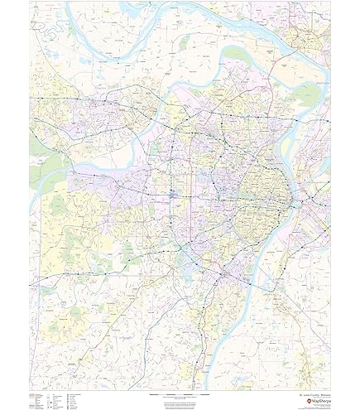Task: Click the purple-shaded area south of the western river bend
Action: pos(70,178)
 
